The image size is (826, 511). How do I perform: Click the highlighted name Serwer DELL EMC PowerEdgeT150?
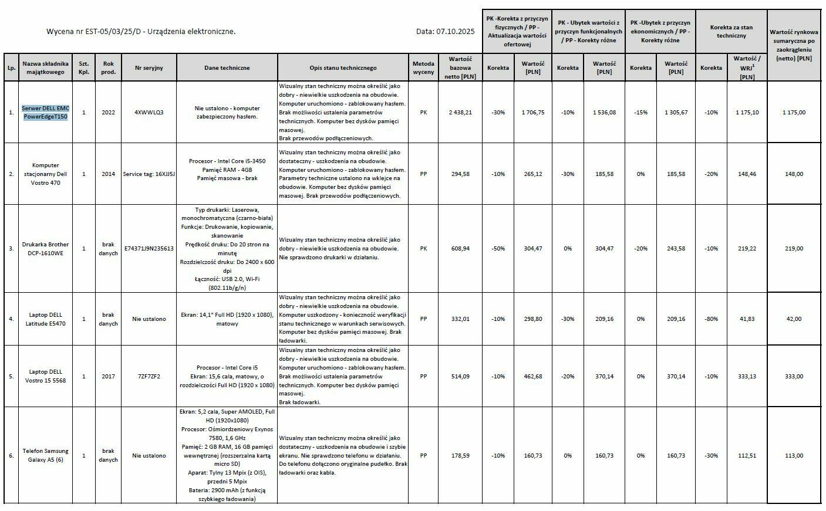(45, 112)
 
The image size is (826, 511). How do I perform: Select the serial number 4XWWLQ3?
(149, 112)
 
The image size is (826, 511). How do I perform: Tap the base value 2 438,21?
(460, 112)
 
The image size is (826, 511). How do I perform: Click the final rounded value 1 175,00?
(794, 112)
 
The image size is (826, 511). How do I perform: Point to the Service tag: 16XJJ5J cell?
(149, 174)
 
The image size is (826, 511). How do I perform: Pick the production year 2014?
(108, 174)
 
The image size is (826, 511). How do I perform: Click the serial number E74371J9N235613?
(149, 249)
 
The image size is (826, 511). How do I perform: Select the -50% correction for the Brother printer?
(498, 249)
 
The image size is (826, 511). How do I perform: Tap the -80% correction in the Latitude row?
(711, 319)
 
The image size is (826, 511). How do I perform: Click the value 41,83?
(747, 319)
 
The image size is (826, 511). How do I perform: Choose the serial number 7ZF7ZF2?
(149, 377)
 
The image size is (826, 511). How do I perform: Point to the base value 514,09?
(460, 377)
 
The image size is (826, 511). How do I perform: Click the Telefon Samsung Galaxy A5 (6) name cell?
(45, 455)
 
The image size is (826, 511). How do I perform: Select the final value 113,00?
(794, 456)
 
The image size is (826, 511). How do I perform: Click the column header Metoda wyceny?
(423, 67)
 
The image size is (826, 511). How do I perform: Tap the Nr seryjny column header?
(149, 68)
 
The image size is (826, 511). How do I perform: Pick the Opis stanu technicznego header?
(343, 68)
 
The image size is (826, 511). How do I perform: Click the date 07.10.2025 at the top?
(454, 32)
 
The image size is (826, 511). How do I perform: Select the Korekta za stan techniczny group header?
(731, 31)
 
